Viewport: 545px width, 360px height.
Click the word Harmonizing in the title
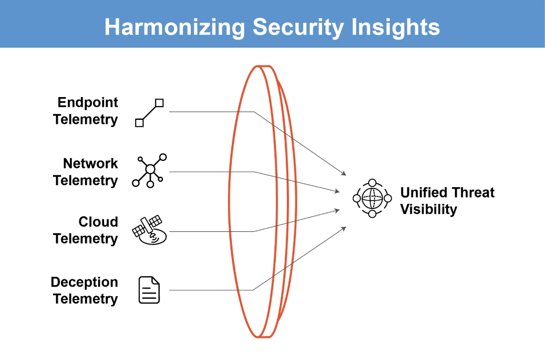[175, 27]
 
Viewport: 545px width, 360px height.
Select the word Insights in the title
[395, 27]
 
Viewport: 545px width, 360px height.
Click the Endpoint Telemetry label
[86, 111]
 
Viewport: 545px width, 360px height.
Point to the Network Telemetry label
[86, 172]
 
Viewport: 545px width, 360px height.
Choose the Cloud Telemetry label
[86, 230]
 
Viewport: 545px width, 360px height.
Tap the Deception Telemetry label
[84, 291]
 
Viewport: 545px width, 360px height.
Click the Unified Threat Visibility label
[447, 201]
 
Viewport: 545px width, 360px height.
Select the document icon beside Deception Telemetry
[149, 290]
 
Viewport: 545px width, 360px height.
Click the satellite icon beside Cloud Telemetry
[150, 230]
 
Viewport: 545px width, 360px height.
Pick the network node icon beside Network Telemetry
[150, 171]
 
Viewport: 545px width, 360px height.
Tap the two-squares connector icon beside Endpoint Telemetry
[150, 113]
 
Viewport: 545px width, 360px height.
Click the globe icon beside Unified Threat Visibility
[372, 199]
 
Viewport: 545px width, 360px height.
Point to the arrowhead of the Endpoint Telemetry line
[344, 173]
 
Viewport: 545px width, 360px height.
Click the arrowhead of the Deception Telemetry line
[344, 228]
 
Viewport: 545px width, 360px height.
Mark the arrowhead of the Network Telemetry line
[337, 191]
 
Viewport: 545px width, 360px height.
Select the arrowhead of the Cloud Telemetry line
[337, 210]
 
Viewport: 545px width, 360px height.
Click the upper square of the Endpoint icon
[160, 103]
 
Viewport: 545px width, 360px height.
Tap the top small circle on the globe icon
[372, 183]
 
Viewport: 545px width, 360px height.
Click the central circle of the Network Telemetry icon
[150, 169]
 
